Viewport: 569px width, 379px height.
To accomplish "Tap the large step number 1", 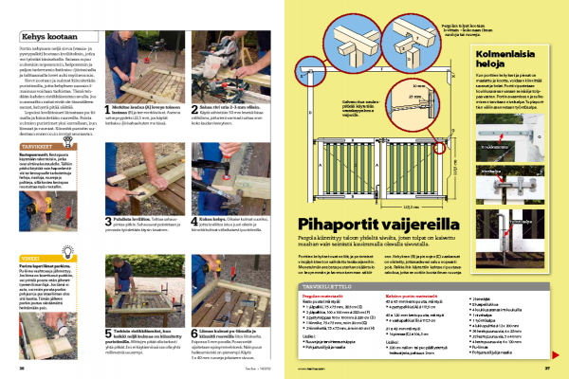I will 106,110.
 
